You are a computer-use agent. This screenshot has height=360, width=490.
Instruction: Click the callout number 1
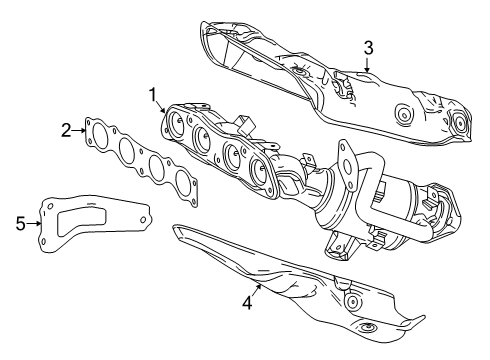tap(154, 95)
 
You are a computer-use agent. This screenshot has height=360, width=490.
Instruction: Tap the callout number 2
tap(67, 129)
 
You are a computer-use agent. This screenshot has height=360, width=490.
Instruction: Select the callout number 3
tap(368, 47)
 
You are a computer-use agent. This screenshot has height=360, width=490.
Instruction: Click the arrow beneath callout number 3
tap(367, 66)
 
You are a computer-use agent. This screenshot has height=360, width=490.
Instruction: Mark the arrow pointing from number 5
tap(39, 223)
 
